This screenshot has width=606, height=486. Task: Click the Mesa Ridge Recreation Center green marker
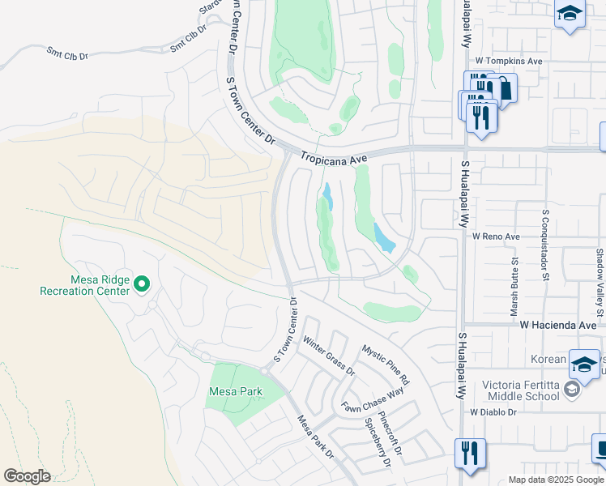(142, 283)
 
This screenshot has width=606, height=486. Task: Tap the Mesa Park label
(236, 391)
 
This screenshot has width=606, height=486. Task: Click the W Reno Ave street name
(496, 237)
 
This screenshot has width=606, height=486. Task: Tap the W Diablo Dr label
(493, 411)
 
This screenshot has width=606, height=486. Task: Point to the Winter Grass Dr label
(329, 356)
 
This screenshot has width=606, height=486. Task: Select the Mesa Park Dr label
(316, 437)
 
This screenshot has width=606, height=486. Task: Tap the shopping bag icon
(505, 87)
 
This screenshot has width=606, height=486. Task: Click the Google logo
(27, 475)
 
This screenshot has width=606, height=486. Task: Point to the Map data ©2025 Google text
(555, 480)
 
